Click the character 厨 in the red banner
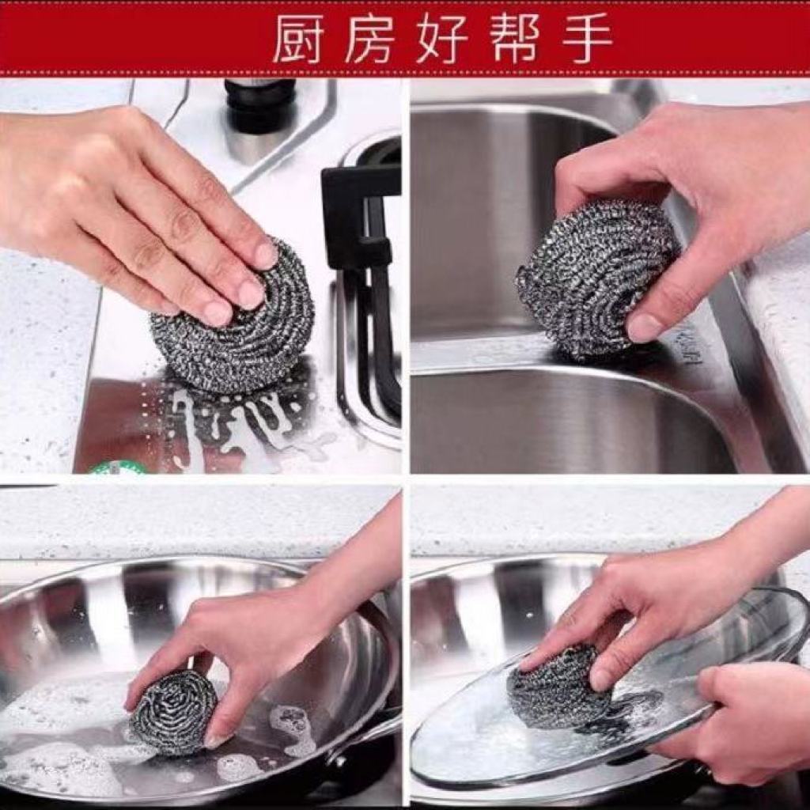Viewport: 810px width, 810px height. [x=298, y=38]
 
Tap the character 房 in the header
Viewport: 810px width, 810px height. [x=370, y=38]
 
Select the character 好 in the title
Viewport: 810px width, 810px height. [x=442, y=38]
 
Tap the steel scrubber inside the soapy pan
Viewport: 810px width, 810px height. [x=173, y=712]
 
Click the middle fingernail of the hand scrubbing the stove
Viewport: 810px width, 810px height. [x=251, y=293]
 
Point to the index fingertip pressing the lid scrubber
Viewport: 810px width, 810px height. [x=527, y=662]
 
